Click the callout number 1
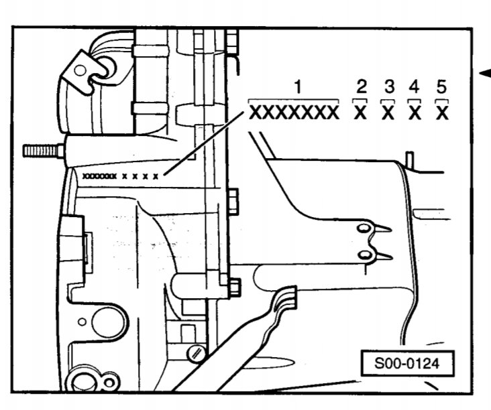click(298, 86)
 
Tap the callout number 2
click(362, 86)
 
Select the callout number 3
click(389, 86)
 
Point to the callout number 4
click(414, 86)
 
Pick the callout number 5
click(441, 86)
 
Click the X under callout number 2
click(360, 113)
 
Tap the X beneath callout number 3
click(388, 113)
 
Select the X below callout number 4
click(415, 113)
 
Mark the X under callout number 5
click(442, 113)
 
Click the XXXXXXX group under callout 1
click(294, 113)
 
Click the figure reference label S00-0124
click(407, 364)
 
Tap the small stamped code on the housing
click(121, 176)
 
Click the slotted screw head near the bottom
click(197, 354)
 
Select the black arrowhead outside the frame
click(486, 74)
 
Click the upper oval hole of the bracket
click(364, 228)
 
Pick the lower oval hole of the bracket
click(364, 255)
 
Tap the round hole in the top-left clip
click(80, 70)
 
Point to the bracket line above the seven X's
click(293, 100)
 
